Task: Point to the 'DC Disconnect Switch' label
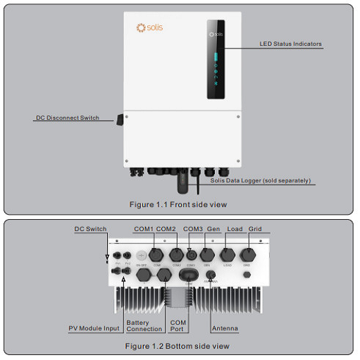click(68, 118)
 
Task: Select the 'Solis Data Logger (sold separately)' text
click(260, 180)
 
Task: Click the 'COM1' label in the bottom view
click(144, 229)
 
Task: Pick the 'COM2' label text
click(166, 229)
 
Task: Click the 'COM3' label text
click(193, 229)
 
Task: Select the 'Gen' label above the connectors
click(213, 229)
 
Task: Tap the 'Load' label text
click(235, 229)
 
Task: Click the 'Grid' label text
click(255, 229)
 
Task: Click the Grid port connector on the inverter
click(248, 254)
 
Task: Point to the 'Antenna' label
click(225, 328)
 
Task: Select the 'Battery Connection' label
click(144, 325)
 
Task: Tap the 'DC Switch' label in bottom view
click(90, 229)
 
